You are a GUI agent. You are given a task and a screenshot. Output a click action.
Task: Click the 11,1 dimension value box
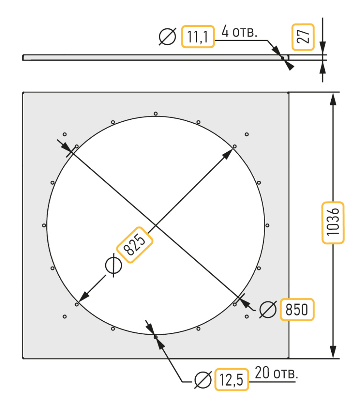(198, 37)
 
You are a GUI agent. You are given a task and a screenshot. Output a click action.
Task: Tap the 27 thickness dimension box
(303, 37)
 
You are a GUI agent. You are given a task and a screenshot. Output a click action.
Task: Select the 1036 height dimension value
(333, 223)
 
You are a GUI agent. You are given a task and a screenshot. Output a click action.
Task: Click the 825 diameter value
(135, 245)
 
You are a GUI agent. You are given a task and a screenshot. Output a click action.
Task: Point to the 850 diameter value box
(297, 309)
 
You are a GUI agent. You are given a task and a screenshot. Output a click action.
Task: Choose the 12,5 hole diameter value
(231, 379)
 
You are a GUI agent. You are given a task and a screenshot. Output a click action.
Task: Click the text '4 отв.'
(239, 31)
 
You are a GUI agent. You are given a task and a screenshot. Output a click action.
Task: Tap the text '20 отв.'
(276, 373)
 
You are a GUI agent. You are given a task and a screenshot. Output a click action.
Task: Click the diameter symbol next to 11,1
(167, 37)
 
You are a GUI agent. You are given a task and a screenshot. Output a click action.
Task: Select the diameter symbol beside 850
(268, 309)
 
